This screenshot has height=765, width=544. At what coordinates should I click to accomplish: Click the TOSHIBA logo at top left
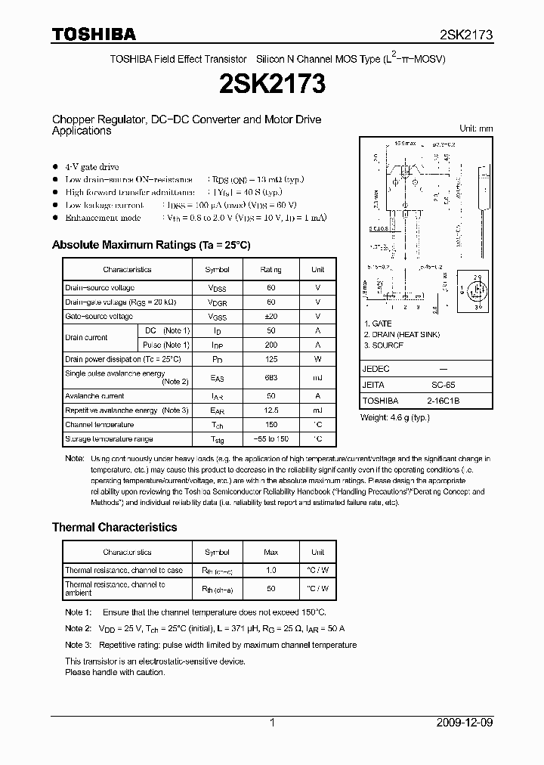point(94,34)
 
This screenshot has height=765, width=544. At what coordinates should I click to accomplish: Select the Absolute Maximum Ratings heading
point(150,245)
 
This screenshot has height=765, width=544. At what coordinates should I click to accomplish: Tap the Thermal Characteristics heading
point(114,527)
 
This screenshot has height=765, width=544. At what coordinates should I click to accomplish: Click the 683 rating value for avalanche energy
point(270,377)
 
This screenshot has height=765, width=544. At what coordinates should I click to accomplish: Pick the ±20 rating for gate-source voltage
point(270,316)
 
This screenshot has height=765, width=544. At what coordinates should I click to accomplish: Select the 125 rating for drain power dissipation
point(270,359)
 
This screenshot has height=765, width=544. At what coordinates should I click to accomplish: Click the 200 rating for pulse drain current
point(270,345)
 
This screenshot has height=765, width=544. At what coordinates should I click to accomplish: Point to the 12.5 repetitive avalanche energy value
point(270,410)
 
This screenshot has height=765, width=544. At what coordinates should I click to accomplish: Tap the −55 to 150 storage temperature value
point(270,438)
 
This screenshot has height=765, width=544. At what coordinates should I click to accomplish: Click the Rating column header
point(270,269)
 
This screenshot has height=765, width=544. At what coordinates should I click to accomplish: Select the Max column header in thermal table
point(270,552)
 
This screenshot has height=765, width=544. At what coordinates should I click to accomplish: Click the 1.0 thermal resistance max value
point(270,570)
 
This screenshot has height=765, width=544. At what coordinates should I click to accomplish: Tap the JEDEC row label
point(376,369)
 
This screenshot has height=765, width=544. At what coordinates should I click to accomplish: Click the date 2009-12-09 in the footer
point(465,723)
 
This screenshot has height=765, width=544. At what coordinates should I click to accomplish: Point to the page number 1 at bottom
point(272,723)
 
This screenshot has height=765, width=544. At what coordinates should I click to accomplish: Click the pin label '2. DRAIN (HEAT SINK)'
point(401,334)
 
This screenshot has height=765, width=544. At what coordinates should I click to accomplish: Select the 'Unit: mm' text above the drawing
point(476,129)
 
